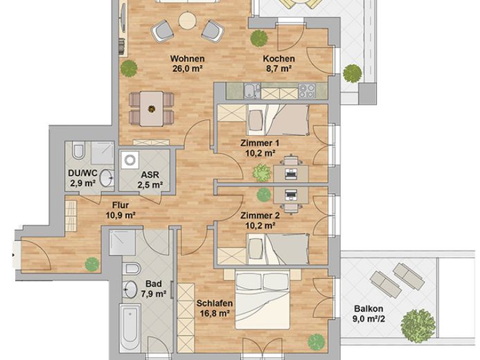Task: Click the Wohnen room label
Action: [x=187, y=63]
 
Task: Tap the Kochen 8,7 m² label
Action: [x=278, y=63]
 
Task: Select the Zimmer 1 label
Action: [x=260, y=148]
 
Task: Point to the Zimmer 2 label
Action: [x=260, y=221]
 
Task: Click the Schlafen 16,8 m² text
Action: [x=214, y=308]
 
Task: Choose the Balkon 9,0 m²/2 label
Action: [x=368, y=314]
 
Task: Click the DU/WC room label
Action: [x=82, y=178]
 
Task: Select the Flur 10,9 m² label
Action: [x=121, y=210]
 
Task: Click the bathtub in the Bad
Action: [x=130, y=327]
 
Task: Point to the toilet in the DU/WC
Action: [x=78, y=151]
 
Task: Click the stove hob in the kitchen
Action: [x=307, y=91]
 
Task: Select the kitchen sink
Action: [x=252, y=91]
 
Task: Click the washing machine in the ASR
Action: [x=130, y=160]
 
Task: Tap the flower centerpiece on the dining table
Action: [x=151, y=109]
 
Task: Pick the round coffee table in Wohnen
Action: [x=187, y=21]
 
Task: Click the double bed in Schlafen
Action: [x=263, y=299]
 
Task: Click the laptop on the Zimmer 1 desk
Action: [x=290, y=174]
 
